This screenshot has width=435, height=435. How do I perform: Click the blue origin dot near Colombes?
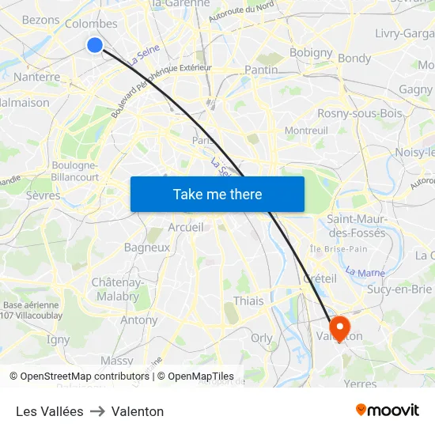click(95, 45)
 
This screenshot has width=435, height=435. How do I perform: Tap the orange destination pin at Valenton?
click(339, 327)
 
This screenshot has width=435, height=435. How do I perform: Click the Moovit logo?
click(387, 410)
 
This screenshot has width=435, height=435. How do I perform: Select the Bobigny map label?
click(311, 52)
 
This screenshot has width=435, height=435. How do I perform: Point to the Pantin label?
click(261, 70)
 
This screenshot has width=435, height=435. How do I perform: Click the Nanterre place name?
click(36, 78)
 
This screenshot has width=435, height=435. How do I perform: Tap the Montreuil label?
click(305, 130)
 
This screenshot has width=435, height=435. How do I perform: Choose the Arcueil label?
click(186, 227)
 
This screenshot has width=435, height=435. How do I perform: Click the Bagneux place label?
click(146, 247)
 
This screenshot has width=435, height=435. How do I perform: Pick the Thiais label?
click(249, 301)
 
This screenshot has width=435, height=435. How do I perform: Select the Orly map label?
click(261, 337)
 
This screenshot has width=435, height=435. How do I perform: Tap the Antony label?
click(138, 320)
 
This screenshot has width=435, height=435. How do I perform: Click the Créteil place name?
click(320, 278)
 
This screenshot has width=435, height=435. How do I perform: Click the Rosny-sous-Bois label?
click(359, 113)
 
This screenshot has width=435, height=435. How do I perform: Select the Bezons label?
click(40, 20)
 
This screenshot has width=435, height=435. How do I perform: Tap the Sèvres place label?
click(43, 195)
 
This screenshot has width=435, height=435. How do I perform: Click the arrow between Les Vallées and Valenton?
click(97, 411)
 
